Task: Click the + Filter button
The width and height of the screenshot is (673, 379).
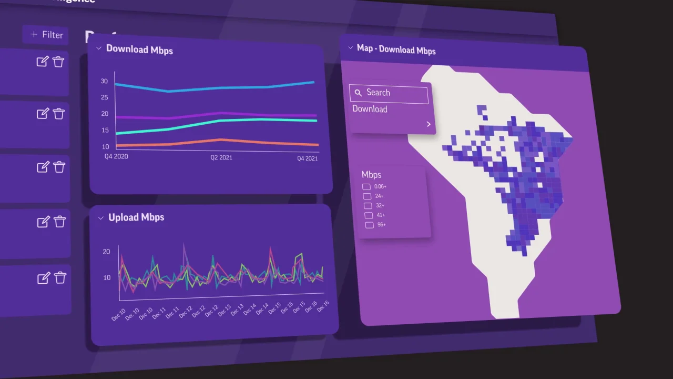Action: (x=46, y=35)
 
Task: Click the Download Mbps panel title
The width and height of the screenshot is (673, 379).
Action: (x=139, y=50)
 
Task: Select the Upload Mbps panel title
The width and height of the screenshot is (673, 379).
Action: (x=136, y=217)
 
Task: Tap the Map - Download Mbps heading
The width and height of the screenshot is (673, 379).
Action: (x=396, y=49)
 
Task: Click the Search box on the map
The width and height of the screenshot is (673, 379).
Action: (x=389, y=93)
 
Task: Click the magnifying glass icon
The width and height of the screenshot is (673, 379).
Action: (x=358, y=93)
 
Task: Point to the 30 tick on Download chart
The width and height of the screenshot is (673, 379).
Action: (x=104, y=81)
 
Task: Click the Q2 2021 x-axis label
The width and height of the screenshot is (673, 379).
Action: (x=221, y=157)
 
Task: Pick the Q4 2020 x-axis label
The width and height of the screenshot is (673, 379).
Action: (x=116, y=156)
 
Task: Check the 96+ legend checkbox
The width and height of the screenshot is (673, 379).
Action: (x=369, y=225)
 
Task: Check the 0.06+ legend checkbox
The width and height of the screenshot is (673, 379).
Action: (x=366, y=186)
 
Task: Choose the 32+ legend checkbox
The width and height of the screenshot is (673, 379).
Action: (x=368, y=206)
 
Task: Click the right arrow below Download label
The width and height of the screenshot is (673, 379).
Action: (x=429, y=124)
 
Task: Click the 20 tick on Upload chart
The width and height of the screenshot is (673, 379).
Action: (x=106, y=252)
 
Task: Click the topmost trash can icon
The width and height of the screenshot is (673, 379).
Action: (x=58, y=62)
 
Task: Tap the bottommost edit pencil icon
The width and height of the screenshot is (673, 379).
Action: (x=43, y=278)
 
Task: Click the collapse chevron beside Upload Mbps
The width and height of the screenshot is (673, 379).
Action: (x=100, y=218)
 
